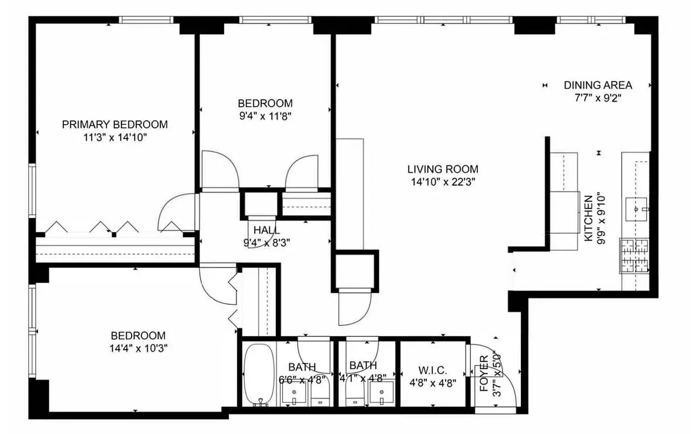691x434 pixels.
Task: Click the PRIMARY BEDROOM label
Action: click(x=114, y=124)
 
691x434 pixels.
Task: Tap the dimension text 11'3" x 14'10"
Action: click(x=114, y=137)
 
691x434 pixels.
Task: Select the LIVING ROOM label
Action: click(x=443, y=169)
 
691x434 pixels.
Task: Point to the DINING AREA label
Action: click(x=598, y=85)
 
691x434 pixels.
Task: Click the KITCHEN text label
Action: click(x=587, y=217)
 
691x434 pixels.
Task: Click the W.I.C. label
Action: click(x=432, y=371)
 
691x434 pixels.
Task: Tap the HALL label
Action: click(x=267, y=230)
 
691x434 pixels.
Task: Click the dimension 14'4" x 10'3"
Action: click(x=138, y=348)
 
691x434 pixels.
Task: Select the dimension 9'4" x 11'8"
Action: click(x=265, y=116)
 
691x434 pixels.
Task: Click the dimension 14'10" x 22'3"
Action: click(x=443, y=182)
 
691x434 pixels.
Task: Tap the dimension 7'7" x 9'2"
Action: click(x=598, y=98)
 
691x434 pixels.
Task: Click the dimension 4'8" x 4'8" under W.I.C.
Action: click(x=432, y=382)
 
